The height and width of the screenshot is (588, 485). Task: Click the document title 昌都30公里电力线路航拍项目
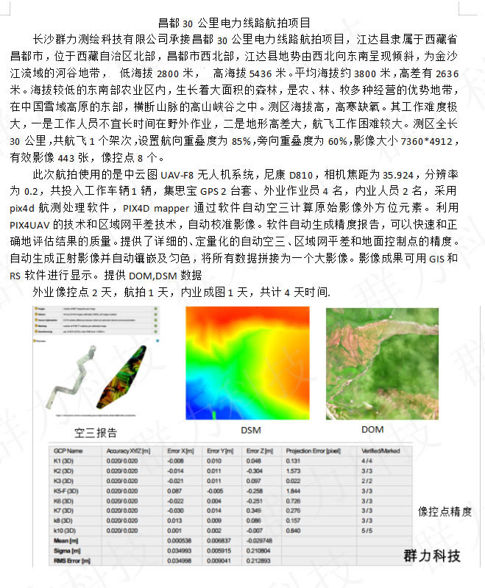(x=234, y=24)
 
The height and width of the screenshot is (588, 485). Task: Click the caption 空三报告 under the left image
(x=96, y=432)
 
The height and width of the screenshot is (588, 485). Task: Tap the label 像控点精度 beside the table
(x=445, y=512)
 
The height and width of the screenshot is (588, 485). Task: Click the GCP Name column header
(x=66, y=451)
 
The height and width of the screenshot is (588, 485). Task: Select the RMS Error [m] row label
(x=69, y=560)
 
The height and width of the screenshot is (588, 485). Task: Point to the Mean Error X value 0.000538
(x=179, y=540)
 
